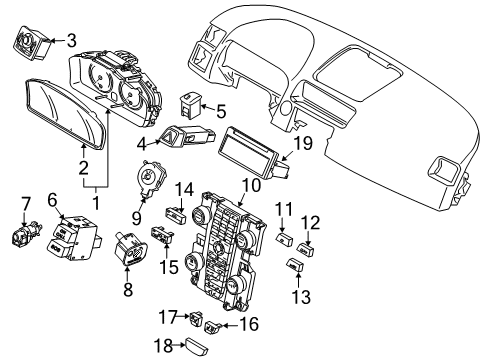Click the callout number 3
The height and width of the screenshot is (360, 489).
pos(71,41)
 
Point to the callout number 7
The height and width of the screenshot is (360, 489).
pos(26,204)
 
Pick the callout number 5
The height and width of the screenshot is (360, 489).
pos(222,112)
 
